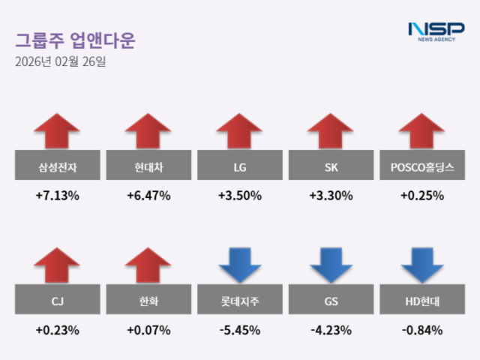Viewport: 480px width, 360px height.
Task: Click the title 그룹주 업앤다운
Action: point(75,40)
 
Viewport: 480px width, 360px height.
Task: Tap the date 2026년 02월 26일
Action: point(61,61)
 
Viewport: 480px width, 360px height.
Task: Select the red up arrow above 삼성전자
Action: point(56,131)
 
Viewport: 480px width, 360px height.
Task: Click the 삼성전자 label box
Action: point(56,167)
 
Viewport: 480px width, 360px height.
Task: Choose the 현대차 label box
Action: point(148,167)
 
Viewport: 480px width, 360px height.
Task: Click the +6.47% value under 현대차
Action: point(148,196)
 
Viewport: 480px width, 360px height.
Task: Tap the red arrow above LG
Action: point(239,131)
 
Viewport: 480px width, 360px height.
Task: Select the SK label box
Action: point(331,167)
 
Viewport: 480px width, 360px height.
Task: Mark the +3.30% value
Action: point(331,196)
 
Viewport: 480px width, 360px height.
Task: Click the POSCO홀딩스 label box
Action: point(422,167)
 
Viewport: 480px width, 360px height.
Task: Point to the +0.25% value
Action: point(422,196)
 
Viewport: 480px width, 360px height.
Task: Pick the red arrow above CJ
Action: point(56,265)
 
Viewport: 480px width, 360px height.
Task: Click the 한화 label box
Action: point(148,301)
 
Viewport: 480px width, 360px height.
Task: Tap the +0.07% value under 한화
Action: point(148,330)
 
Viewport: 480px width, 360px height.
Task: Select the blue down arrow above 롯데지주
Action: point(239,265)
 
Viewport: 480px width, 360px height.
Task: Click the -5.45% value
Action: point(239,330)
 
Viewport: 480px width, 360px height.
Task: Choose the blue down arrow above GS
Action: point(331,265)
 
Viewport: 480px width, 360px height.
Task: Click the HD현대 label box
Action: point(422,301)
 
